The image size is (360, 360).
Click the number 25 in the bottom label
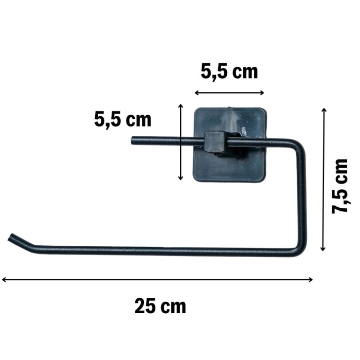[x=146, y=307]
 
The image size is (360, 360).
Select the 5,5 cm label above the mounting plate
[x=229, y=71]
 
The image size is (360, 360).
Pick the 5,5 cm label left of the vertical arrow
[x=123, y=120]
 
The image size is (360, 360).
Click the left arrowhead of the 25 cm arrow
[x=4, y=280]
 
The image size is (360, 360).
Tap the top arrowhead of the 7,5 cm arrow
[x=323, y=110]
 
